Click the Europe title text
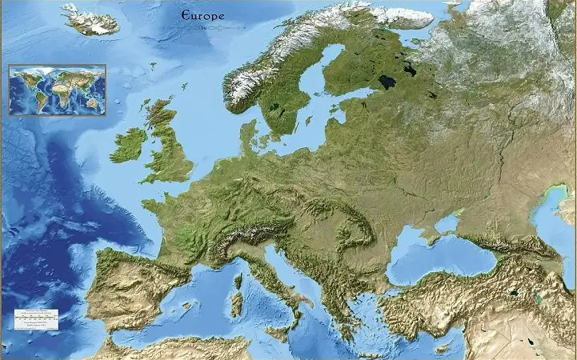coord(203,15)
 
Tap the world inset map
coord(57,90)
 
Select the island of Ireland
coord(127,145)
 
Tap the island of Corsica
coord(238,281)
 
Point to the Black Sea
coord(432,256)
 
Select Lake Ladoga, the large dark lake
coord(387,82)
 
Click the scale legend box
coord(37,318)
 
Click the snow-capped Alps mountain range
coord(240,234)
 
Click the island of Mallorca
coord(186,305)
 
